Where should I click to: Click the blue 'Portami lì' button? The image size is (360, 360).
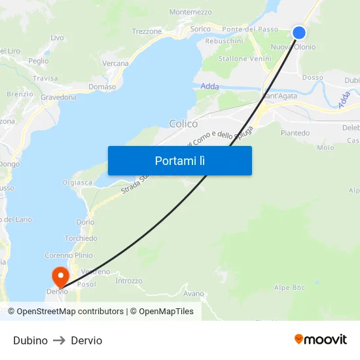click(180, 160)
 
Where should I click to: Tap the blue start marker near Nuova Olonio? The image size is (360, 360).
click(299, 33)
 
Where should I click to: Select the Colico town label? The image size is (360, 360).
click(183, 124)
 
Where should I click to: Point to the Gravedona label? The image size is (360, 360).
click(58, 98)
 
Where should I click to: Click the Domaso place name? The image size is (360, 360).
click(101, 87)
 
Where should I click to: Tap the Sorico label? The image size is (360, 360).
click(200, 29)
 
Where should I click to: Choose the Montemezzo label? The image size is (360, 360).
click(190, 12)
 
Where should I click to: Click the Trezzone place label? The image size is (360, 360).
click(147, 31)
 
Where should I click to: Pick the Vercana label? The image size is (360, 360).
click(116, 63)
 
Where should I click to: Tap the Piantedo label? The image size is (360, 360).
click(295, 133)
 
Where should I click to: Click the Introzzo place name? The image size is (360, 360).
click(128, 281)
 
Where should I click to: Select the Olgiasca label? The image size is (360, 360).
click(77, 183)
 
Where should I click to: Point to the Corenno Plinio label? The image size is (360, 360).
click(69, 255)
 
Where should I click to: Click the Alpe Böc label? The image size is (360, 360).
click(290, 288)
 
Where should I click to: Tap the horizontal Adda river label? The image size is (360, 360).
click(209, 86)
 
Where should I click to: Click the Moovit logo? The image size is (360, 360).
click(321, 340)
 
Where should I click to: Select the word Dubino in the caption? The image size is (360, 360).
click(30, 340)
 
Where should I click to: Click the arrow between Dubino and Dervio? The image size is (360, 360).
click(59, 340)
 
